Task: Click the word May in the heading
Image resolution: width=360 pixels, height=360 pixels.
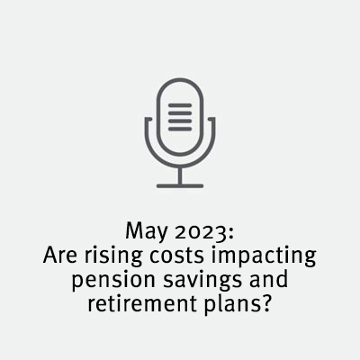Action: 146,231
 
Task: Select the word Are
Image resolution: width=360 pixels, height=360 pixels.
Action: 60,256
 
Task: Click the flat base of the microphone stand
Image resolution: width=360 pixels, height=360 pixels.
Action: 180,186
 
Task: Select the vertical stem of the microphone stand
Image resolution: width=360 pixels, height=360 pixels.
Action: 180,175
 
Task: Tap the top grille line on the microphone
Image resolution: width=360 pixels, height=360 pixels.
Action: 180,105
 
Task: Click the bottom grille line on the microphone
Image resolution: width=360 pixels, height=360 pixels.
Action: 180,129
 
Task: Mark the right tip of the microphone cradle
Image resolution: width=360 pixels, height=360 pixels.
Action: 211,119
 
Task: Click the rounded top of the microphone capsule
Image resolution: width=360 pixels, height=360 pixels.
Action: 180,80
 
